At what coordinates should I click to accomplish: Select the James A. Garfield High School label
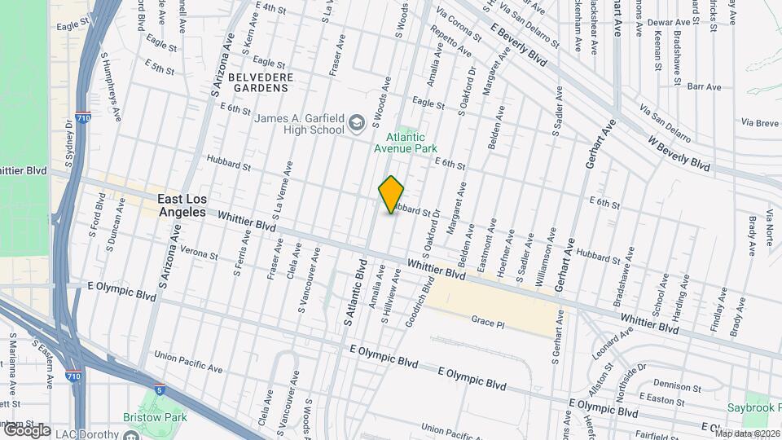(299, 124)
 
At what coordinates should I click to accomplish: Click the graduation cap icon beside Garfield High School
(355, 123)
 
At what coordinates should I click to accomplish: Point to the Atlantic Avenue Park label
(406, 143)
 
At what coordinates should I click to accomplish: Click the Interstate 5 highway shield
(160, 390)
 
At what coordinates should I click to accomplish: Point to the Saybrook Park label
(753, 407)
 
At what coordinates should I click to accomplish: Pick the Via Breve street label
(759, 122)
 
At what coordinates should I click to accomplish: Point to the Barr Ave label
(705, 86)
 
